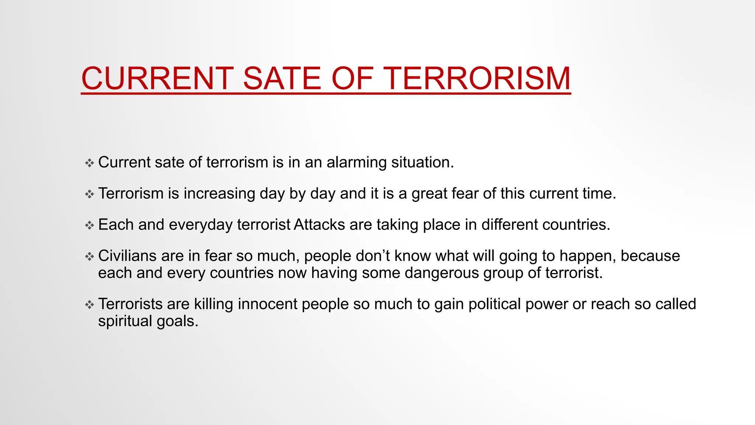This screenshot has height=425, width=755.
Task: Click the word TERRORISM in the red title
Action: (x=479, y=78)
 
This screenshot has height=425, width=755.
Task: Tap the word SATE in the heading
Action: (x=282, y=78)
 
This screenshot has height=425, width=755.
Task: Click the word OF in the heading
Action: (x=353, y=78)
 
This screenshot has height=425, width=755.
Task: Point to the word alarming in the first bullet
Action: (x=356, y=163)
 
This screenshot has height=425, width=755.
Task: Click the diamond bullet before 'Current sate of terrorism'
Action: (x=90, y=163)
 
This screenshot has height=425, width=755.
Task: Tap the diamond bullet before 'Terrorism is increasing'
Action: (x=90, y=194)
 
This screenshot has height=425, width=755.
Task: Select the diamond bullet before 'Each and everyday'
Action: (x=90, y=225)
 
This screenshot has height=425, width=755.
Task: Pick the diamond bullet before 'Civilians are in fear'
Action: (x=90, y=256)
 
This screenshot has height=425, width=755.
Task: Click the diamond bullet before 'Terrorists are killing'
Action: (x=90, y=304)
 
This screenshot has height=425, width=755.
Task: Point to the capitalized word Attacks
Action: (x=319, y=225)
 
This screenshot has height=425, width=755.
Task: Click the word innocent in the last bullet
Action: (x=267, y=304)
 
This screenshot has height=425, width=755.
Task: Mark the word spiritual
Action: (x=125, y=321)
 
